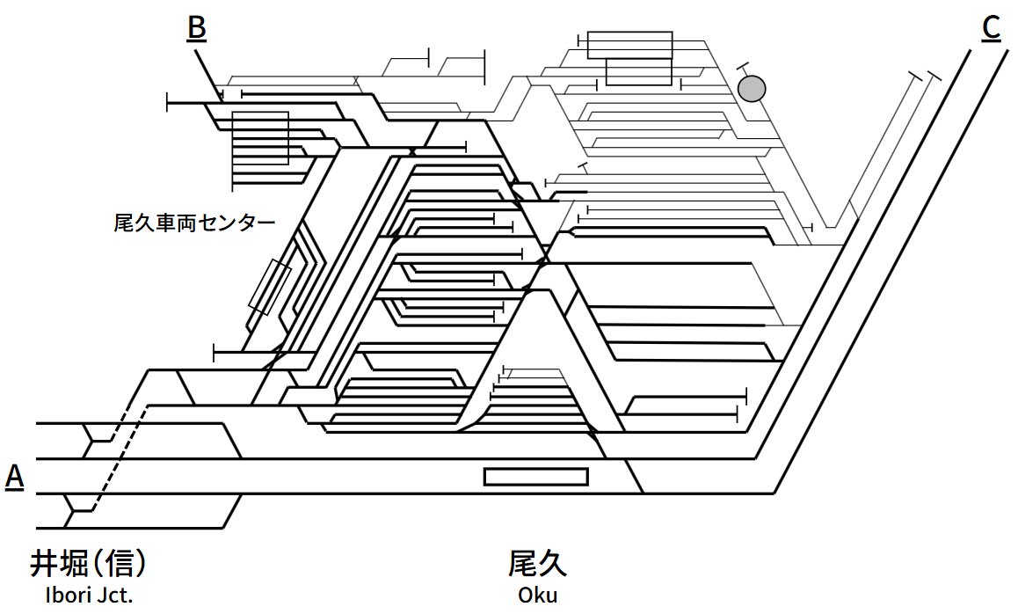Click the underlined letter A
coord(15,478)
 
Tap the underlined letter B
coord(197,28)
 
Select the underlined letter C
coord(991,28)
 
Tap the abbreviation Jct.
coord(117,596)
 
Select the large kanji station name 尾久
coord(537,563)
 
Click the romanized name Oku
coord(537,596)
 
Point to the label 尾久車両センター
coord(194,223)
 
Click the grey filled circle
coord(753,88)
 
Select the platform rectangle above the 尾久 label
coord(536,477)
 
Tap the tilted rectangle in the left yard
coord(270,288)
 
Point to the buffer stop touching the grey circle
coord(743,67)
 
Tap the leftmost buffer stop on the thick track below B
coord(168,103)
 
